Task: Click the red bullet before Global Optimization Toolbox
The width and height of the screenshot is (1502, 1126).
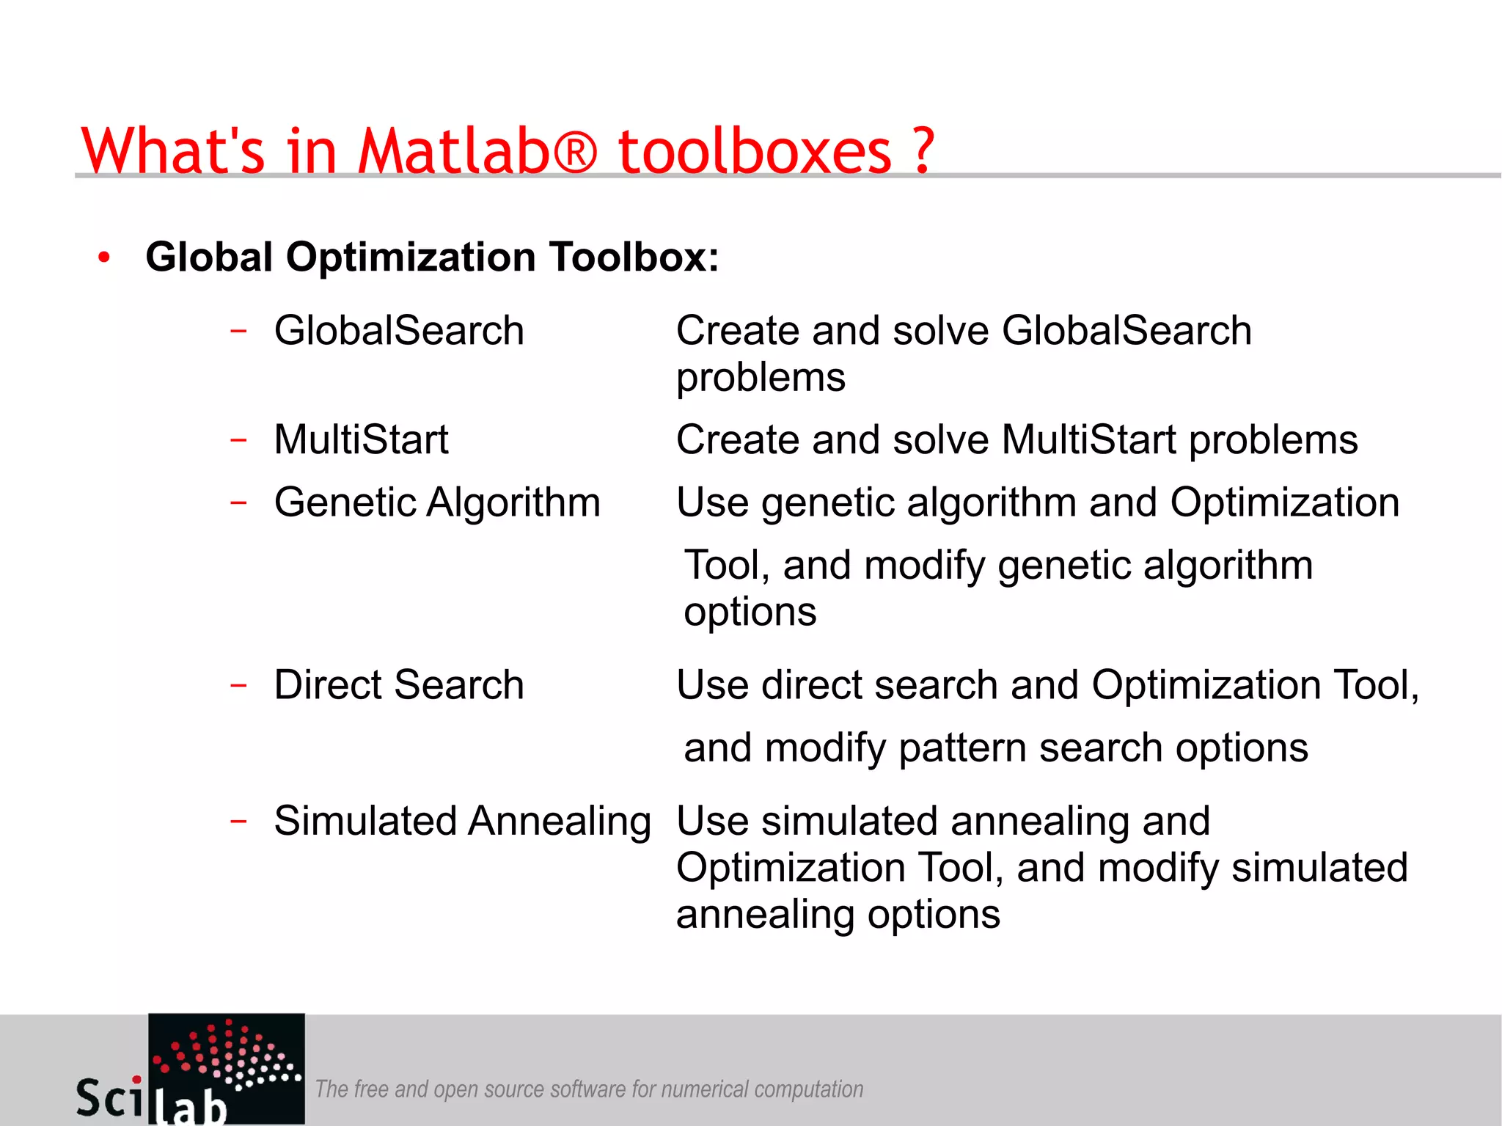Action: click(x=104, y=257)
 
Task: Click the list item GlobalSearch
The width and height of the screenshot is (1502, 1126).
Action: click(x=399, y=330)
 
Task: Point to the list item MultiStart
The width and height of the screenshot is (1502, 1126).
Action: click(x=361, y=439)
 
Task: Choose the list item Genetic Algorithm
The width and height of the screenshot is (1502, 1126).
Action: click(x=437, y=502)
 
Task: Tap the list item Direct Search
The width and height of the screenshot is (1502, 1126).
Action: click(x=399, y=684)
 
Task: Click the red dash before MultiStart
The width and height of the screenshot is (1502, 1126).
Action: click(x=238, y=440)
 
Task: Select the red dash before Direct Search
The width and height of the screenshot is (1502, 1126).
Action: click(x=238, y=685)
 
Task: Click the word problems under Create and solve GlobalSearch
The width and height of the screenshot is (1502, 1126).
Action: click(x=761, y=379)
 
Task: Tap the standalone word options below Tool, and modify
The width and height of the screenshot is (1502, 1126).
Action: click(x=750, y=613)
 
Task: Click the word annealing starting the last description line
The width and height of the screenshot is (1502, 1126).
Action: click(x=766, y=915)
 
